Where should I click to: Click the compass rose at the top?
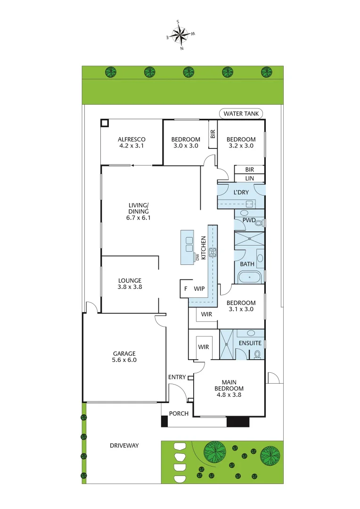coord(180,34)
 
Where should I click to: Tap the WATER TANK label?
coord(241,114)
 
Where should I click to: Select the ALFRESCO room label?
coord(131,139)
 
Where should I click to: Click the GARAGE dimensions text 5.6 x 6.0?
coord(124,361)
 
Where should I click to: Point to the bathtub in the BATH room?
coord(249,277)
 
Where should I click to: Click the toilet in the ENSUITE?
coord(257,354)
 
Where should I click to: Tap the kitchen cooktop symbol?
coord(213,252)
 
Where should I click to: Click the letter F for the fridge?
coord(186,288)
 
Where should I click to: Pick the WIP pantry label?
coord(199,288)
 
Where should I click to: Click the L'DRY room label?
coord(241,192)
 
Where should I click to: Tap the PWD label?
coord(249,220)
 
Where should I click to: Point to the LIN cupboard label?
coord(250,178)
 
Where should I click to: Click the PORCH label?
coord(179,413)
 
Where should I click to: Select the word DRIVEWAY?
coord(124,445)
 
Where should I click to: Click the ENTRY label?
coord(177,377)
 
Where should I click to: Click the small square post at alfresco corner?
coord(105,123)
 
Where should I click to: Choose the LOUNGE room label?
coord(130,280)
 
